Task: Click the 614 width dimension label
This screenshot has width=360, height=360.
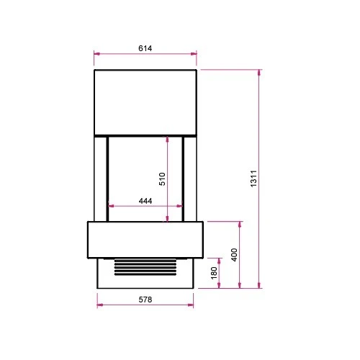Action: point(145,48)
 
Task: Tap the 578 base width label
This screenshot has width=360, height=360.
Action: point(145,300)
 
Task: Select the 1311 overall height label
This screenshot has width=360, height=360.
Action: point(253,179)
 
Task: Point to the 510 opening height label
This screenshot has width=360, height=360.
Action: point(162,179)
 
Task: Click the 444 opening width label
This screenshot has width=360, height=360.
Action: point(145,201)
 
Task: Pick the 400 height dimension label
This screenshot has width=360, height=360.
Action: point(234,255)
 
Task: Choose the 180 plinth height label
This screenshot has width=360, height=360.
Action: point(214,273)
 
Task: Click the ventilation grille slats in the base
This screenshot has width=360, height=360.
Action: point(145,267)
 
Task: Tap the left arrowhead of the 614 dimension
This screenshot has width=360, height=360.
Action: point(97,54)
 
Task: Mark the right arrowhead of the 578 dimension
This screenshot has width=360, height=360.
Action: point(190,305)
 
